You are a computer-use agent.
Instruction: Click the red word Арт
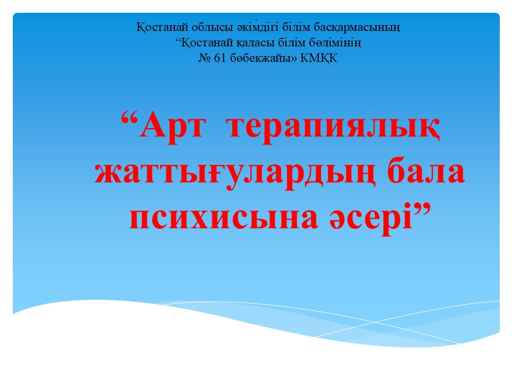[173, 127]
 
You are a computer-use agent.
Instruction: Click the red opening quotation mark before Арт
[130, 119]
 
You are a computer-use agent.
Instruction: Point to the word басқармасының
[357, 27]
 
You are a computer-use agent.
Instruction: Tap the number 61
[220, 58]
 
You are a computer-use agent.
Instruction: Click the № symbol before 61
[205, 58]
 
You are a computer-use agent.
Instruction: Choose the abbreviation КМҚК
[319, 59]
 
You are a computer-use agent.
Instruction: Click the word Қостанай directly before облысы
[162, 27]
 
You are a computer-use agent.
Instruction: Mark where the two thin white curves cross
[375, 322]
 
